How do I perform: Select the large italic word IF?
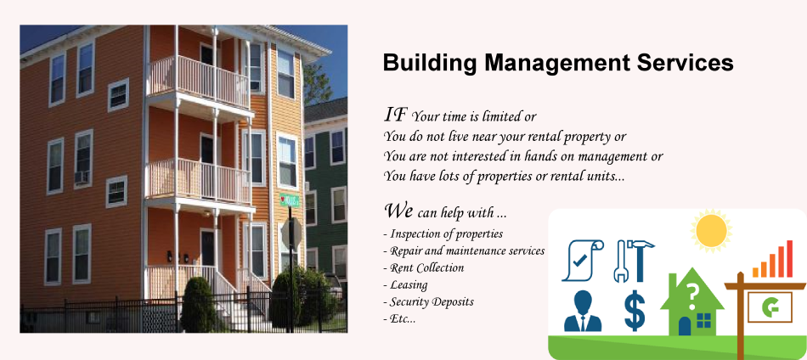click(396, 114)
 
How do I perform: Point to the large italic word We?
click(398, 211)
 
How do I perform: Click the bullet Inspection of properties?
click(443, 234)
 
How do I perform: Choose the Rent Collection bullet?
click(424, 268)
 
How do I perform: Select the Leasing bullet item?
click(405, 284)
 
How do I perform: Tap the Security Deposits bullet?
click(429, 302)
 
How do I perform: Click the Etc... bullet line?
click(399, 319)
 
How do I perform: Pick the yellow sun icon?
click(711, 230)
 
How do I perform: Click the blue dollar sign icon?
click(635, 310)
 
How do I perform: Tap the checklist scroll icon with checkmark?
click(583, 261)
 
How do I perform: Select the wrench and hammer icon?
click(634, 261)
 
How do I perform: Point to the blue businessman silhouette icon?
click(583, 311)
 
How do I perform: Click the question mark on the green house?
click(692, 297)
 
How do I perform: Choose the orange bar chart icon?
click(772, 259)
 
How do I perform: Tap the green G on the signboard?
click(770, 307)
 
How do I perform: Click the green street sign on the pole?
click(289, 200)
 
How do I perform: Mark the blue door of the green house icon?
click(684, 326)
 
